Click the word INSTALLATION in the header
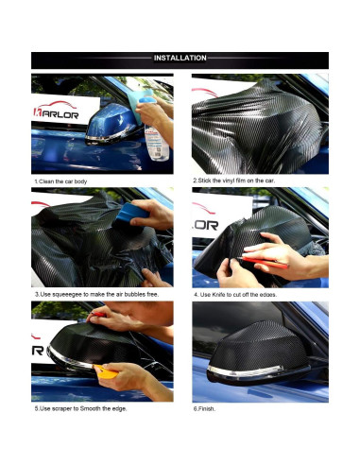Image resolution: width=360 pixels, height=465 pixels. [180, 59]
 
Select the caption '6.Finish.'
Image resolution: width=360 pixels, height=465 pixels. [206, 408]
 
